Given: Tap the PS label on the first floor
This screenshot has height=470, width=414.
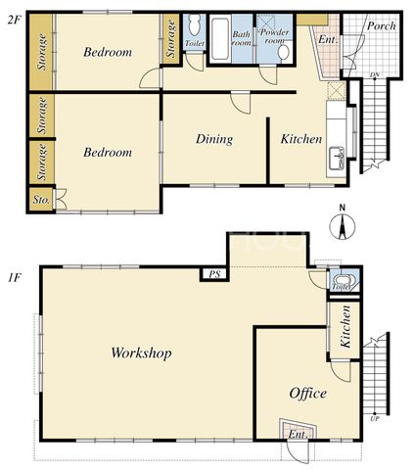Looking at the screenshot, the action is (214, 274).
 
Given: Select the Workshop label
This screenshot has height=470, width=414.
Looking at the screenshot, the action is (141, 352).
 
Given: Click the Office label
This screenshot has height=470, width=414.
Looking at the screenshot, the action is (307, 394).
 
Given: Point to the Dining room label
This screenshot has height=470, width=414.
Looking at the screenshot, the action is (214, 139).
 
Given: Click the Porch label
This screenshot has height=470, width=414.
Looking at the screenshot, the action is (381, 25).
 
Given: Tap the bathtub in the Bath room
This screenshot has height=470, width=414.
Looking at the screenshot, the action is (220, 39).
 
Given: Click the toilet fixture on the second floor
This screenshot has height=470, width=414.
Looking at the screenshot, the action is (195, 26).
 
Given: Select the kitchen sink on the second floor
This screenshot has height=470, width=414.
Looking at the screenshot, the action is (337, 159).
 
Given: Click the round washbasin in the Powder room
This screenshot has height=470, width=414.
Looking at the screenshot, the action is (285, 52).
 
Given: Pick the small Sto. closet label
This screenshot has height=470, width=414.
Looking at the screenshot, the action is (41, 200).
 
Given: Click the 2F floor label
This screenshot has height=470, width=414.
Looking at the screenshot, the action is (15, 21).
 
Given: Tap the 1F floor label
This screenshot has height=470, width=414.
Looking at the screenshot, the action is (15, 278).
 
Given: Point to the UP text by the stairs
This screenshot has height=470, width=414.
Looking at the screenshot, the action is (375, 419).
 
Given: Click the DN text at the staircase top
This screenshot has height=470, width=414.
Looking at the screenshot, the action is (375, 75).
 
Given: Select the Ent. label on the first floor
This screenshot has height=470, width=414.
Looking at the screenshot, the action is (299, 435).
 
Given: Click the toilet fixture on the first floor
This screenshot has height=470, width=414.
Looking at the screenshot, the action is (344, 281).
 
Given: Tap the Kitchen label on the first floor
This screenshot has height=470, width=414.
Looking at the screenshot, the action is (345, 326).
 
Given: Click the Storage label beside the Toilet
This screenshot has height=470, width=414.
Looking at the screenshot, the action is (171, 38).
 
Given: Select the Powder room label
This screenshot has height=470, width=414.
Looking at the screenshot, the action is (275, 36).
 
